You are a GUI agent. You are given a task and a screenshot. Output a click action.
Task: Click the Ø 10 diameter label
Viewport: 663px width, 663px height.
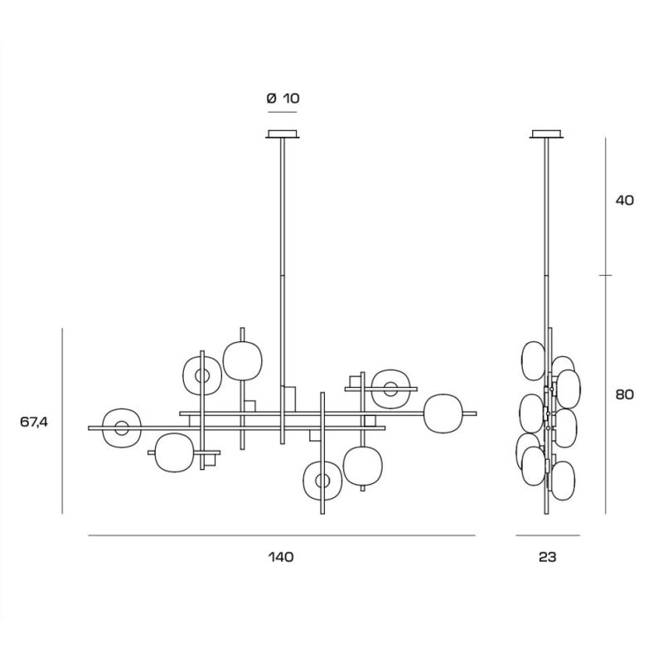click(x=283, y=99)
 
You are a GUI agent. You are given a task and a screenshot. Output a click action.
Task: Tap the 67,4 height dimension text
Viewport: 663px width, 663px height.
click(x=34, y=422)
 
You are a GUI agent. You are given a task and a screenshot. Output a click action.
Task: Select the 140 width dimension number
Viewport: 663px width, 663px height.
click(x=281, y=557)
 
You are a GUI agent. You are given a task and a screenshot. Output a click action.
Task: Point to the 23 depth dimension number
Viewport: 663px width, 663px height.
click(x=548, y=557)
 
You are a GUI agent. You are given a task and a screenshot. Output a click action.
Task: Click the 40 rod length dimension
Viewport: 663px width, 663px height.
click(x=625, y=200)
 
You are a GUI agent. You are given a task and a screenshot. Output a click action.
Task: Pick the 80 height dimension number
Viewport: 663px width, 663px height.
click(x=625, y=394)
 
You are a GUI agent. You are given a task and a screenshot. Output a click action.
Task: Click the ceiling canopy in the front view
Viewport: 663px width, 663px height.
click(x=283, y=133)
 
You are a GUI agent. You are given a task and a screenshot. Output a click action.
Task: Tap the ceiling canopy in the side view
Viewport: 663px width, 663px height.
click(x=547, y=133)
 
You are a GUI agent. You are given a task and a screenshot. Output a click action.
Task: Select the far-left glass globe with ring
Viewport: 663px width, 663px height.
click(x=106, y=428)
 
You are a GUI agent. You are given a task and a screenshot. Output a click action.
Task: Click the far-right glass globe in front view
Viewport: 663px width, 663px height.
click(x=443, y=414)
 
